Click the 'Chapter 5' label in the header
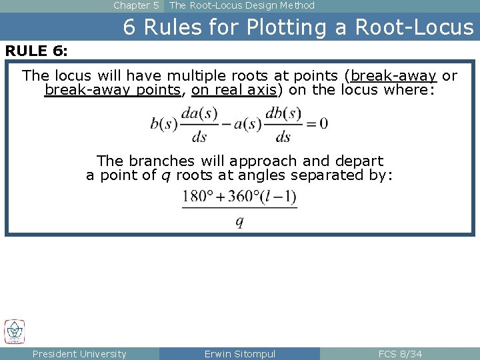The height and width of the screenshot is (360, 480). pos(135,5)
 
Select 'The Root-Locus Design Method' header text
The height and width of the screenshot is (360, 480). pos(242,5)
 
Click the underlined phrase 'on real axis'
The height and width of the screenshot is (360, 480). pos(234,90)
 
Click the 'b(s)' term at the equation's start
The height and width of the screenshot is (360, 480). pos(164,123)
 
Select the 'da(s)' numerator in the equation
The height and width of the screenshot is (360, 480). pos(199,113)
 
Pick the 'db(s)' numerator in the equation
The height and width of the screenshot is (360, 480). pos(283,113)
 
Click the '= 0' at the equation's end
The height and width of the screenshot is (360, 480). pos(316,123)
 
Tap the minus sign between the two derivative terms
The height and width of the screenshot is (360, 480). pos(227,123)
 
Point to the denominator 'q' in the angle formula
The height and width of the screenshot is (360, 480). pos(239,221)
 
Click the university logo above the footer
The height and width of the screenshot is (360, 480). pos(15,332)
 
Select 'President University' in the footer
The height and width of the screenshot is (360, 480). pos(79,354)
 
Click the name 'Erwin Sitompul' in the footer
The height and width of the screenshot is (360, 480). pos(240,354)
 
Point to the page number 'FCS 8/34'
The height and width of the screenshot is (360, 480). pos(400,354)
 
